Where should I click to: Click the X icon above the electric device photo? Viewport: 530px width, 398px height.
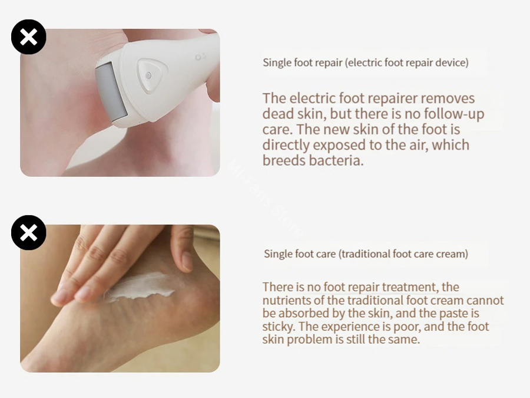tap(29, 37)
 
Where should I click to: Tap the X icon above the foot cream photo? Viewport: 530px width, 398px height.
tap(29, 232)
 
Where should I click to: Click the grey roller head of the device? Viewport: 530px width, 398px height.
tap(111, 91)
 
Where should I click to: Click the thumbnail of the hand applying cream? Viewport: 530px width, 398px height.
tap(120, 298)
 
